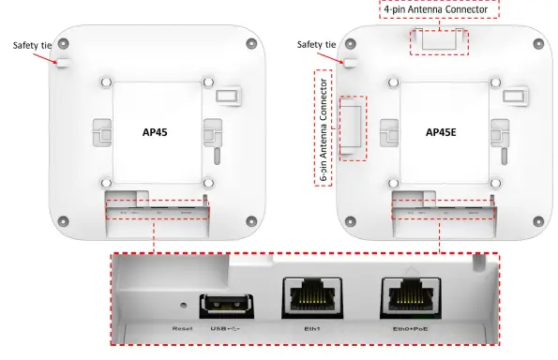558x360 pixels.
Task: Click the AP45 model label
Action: tap(153, 132)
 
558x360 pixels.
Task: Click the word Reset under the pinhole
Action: tap(182, 329)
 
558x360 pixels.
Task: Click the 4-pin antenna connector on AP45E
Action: tap(440, 40)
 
